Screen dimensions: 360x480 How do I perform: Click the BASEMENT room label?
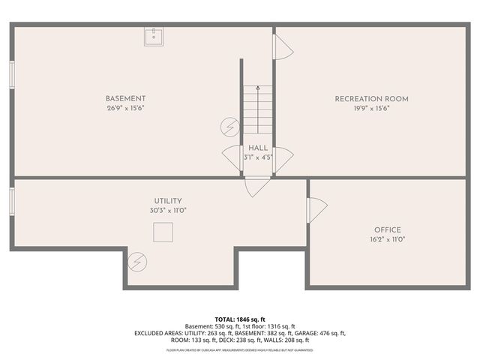tap(125, 99)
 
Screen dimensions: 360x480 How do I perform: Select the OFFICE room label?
tap(387, 230)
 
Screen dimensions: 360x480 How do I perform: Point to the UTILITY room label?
tap(168, 201)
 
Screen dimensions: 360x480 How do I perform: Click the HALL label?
tap(258, 148)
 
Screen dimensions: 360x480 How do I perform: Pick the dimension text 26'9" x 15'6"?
tap(125, 109)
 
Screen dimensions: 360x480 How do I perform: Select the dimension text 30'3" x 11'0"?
tap(168, 211)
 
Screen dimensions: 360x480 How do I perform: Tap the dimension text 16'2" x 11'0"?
tap(387, 240)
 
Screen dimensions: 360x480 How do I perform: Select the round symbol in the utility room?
tap(137, 261)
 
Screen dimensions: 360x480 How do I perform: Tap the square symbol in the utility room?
tap(163, 233)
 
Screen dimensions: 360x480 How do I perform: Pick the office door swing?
tap(316, 209)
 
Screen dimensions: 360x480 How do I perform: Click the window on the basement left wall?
tap(12, 76)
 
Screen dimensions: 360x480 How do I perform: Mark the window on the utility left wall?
tap(12, 201)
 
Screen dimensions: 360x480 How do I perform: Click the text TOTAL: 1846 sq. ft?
tap(239, 319)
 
